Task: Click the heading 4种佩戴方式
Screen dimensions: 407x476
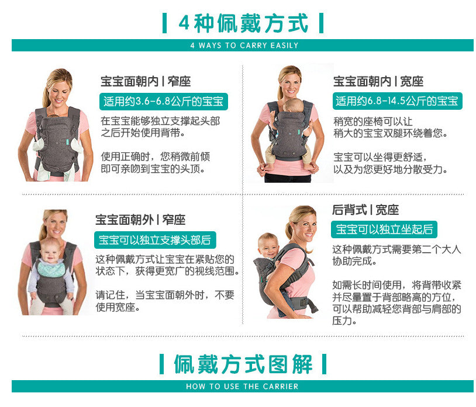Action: coord(243,23)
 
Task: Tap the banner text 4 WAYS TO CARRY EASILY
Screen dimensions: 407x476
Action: coord(244,46)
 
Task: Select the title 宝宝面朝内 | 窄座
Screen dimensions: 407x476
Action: coord(146,82)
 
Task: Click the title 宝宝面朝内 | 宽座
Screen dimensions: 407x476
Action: coord(378,82)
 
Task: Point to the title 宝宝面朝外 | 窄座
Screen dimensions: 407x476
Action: coord(140,220)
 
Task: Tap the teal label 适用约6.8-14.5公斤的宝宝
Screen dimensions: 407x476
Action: coord(396,101)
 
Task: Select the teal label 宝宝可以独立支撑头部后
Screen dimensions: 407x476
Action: coord(154,240)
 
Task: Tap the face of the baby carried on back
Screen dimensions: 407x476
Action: coord(269,246)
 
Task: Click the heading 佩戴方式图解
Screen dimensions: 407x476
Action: coord(243,364)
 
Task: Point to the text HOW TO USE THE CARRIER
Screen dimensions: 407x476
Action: coord(242,387)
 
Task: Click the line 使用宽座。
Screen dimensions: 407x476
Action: coord(118,307)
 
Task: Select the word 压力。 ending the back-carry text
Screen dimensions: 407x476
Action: coord(345,321)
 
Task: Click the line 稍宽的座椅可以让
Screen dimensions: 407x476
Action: coord(372,121)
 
